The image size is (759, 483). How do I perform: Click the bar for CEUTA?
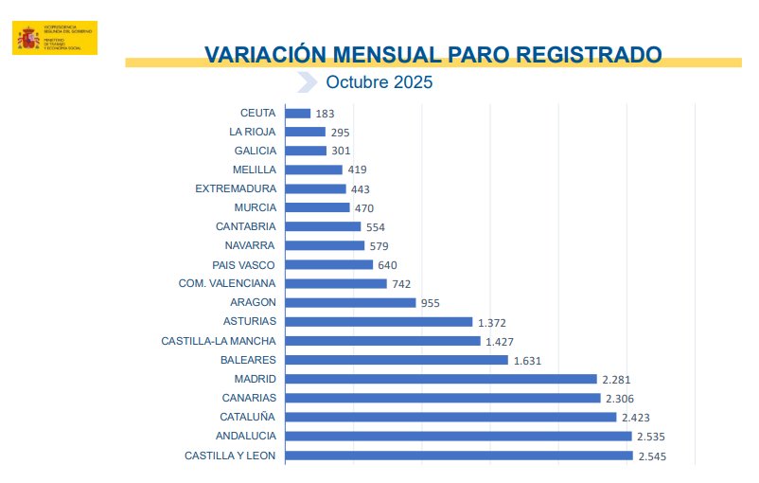(298, 114)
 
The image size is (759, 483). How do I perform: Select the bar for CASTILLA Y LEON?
(458, 456)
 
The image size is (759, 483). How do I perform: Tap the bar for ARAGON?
(350, 303)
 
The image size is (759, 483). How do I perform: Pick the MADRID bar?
(441, 379)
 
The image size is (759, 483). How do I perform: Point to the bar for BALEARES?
(397, 360)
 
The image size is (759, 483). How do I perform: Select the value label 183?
(326, 114)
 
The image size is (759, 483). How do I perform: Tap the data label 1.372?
(493, 323)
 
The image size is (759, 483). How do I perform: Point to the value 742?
(401, 284)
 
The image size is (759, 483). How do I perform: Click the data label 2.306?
(622, 399)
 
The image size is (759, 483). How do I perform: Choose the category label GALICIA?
(256, 151)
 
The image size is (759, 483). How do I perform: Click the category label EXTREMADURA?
(236, 188)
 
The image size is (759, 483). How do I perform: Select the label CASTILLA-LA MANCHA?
(219, 341)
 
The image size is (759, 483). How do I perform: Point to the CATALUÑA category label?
(248, 417)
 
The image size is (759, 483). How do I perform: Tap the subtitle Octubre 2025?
(379, 82)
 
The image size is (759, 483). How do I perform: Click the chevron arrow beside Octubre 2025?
(307, 82)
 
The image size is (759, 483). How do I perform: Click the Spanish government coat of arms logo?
(28, 38)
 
